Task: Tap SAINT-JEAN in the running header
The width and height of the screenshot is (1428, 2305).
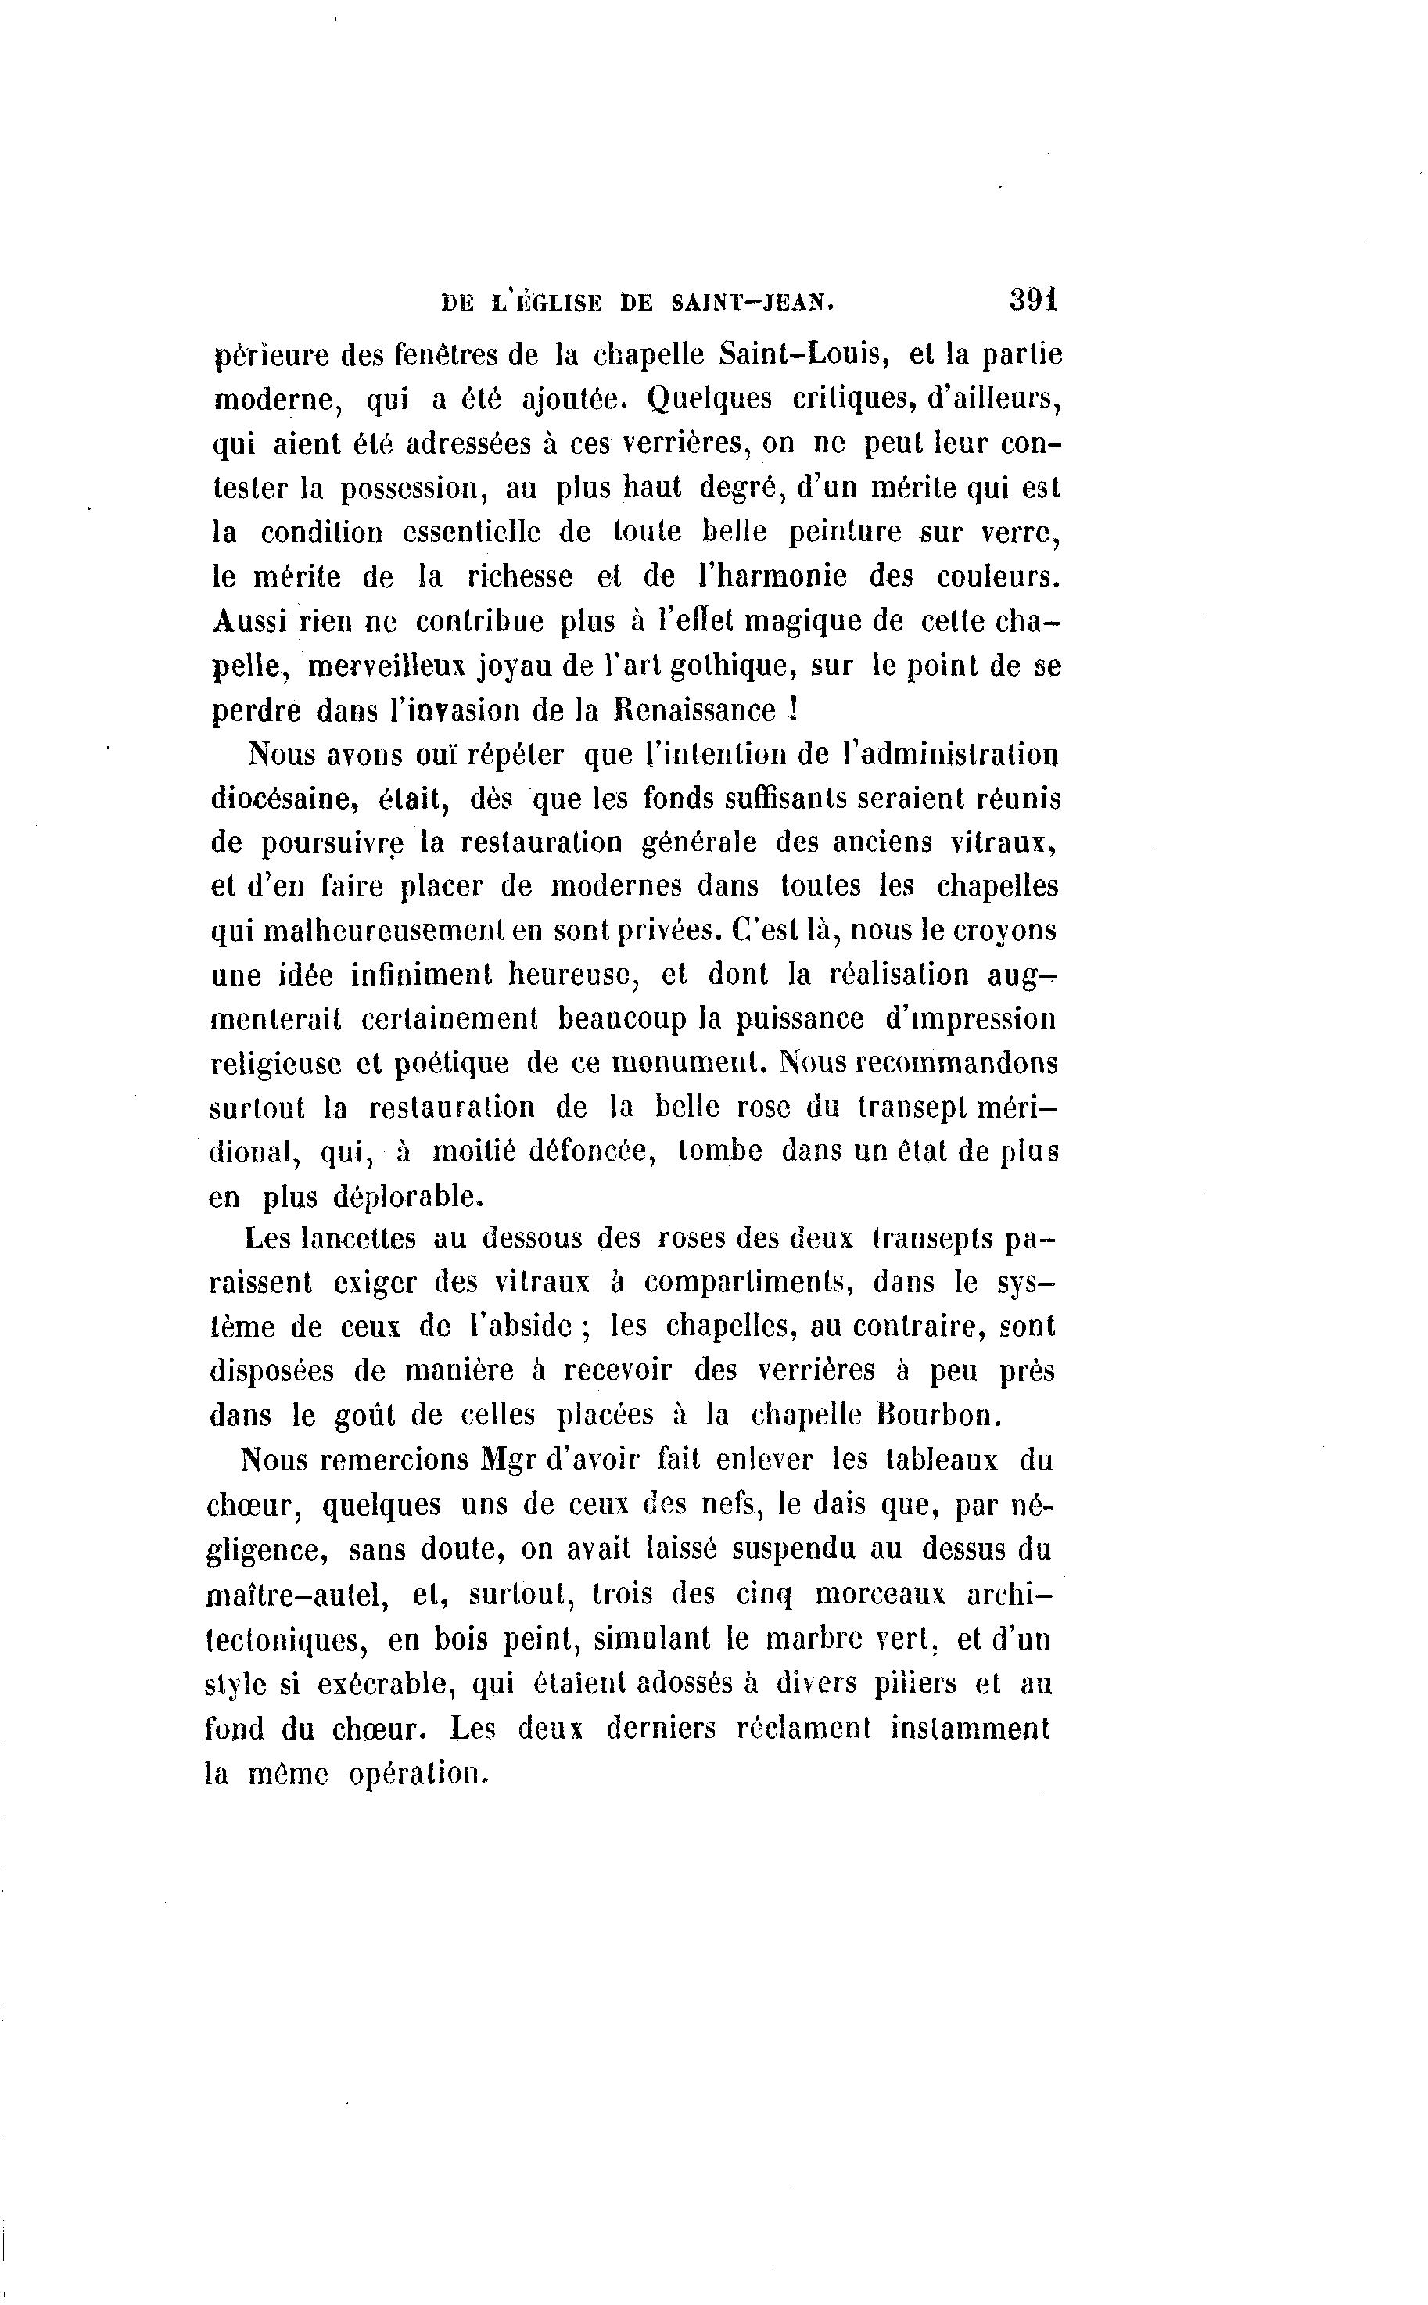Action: (x=752, y=303)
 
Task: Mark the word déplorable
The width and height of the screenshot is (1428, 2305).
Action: (x=409, y=1197)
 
